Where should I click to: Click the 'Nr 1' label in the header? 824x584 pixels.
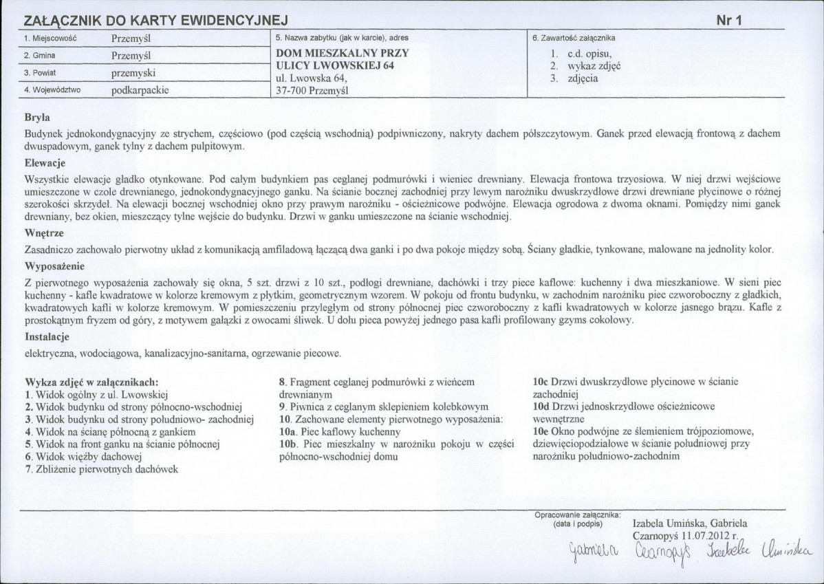click(728, 21)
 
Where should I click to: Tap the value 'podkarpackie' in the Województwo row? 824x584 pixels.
click(140, 89)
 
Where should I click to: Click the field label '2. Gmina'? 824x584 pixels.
click(39, 55)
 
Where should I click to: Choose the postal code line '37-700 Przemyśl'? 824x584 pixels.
click(312, 90)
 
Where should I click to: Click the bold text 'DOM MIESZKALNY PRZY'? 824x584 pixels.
click(342, 53)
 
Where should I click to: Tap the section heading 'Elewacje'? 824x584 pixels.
click(45, 164)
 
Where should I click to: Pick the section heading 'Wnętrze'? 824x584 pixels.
click(44, 234)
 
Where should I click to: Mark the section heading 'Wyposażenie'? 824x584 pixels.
click(54, 266)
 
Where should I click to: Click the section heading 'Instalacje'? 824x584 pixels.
click(47, 338)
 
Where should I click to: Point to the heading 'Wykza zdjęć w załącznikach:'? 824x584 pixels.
click(91, 382)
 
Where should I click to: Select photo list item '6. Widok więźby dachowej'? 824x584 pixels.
click(83, 456)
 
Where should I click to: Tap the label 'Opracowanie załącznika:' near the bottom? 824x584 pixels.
click(578, 514)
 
